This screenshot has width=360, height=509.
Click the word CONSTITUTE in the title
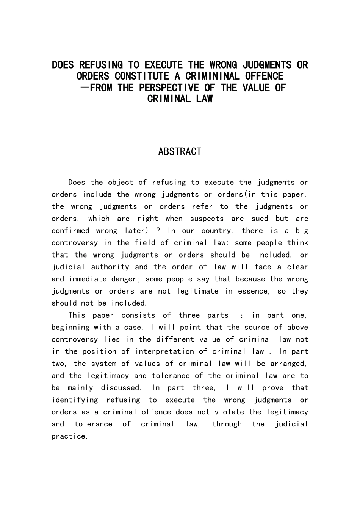click(x=141, y=76)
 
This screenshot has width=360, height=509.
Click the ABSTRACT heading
click(x=180, y=151)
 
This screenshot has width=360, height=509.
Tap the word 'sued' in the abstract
click(x=260, y=219)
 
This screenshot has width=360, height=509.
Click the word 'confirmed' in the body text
click(x=70, y=231)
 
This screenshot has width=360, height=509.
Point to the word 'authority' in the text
click(x=110, y=267)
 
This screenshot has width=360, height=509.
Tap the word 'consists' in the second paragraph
click(x=138, y=315)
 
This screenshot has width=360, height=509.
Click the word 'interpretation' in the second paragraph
click(x=164, y=351)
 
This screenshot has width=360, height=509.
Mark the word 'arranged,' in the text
click(x=289, y=364)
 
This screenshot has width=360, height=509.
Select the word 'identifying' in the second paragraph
click(x=75, y=400)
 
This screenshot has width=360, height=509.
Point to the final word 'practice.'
click(x=70, y=436)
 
